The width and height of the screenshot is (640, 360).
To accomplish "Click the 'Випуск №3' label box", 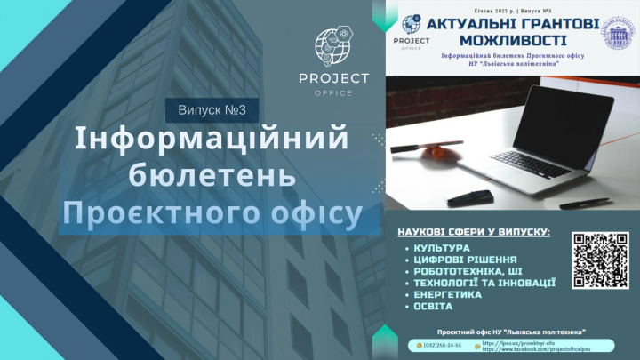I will click(x=212, y=108).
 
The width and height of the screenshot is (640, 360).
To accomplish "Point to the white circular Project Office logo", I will click(x=332, y=52).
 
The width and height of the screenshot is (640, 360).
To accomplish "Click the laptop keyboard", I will click(x=533, y=164).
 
